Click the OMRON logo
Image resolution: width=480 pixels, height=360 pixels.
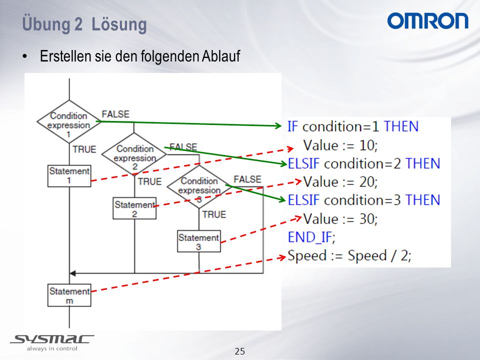[427, 21]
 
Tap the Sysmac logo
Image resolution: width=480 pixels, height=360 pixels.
[52, 342]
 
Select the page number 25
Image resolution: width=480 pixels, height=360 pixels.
[240, 351]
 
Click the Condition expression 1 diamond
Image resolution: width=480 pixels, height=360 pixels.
[69, 121]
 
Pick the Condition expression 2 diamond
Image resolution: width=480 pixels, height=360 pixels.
[134, 154]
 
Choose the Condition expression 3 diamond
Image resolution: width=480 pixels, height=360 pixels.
[199, 186]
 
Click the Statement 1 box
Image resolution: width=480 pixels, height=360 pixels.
[69, 176]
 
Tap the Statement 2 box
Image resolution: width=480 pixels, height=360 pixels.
[134, 208]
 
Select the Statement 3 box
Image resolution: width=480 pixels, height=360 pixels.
[199, 241]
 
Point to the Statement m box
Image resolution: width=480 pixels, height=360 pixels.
[69, 295]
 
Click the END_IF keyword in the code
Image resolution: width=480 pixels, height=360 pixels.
[311, 237]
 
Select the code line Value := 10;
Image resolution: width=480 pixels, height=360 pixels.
[340, 145]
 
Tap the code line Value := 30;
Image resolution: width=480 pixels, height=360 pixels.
[340, 218]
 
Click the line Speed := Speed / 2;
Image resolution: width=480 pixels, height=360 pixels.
[349, 255]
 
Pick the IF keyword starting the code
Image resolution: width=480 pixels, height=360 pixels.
[292, 126]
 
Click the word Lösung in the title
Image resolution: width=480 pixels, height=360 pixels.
[119, 24]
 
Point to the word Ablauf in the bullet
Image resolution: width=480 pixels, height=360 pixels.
[220, 56]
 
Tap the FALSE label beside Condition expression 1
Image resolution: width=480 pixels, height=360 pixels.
[115, 114]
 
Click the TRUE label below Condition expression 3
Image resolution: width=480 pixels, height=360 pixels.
[214, 214]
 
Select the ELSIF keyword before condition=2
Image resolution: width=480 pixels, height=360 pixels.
[304, 163]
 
